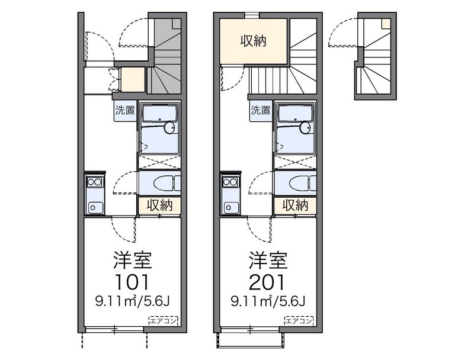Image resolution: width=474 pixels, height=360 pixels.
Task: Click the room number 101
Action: pos(133,282)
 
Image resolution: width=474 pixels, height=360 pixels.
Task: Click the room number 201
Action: pos(268,282)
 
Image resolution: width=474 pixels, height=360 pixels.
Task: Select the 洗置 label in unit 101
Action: pos(125,110)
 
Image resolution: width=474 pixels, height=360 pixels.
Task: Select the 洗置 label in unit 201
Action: pos(261,110)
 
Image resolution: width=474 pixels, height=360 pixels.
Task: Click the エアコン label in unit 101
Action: pos(164,320)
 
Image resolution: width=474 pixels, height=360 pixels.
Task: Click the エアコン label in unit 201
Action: pos(299,320)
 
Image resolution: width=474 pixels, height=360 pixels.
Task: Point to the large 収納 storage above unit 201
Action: pos(254,41)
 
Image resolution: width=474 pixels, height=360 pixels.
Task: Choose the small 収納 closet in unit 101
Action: pos(159,205)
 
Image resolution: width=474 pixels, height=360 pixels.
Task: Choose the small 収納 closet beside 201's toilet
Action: pos(295,205)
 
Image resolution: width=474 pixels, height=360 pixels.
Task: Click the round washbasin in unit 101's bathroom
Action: pos(169,127)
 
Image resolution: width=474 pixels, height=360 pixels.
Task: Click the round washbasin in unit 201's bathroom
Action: pos(305,127)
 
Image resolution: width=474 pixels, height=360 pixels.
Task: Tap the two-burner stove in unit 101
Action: pos(95,182)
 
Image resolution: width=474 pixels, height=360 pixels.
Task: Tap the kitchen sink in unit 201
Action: pos(230,207)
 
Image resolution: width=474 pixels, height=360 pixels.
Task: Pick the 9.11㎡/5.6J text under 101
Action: pos(133,301)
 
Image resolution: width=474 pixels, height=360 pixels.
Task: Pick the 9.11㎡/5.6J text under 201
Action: pos(268,301)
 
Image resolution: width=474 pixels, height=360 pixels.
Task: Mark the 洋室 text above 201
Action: pos(268,261)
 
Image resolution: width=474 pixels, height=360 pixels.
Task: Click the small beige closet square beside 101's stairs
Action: pos(133,79)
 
